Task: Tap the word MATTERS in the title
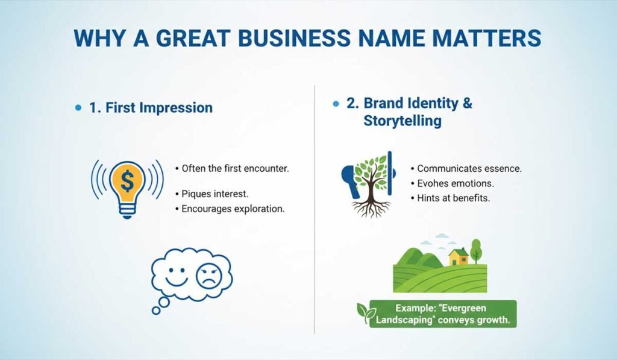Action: coord(482,38)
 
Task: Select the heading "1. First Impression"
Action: coord(151,108)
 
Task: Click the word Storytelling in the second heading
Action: coord(402,121)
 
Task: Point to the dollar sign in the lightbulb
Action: coord(127,180)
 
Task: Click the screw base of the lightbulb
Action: coord(127,210)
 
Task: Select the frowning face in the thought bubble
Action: coord(209,275)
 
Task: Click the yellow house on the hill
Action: coord(459,257)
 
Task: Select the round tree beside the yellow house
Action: coord(477,248)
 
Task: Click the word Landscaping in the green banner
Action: coord(403,320)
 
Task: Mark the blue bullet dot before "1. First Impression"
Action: coord(78,108)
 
